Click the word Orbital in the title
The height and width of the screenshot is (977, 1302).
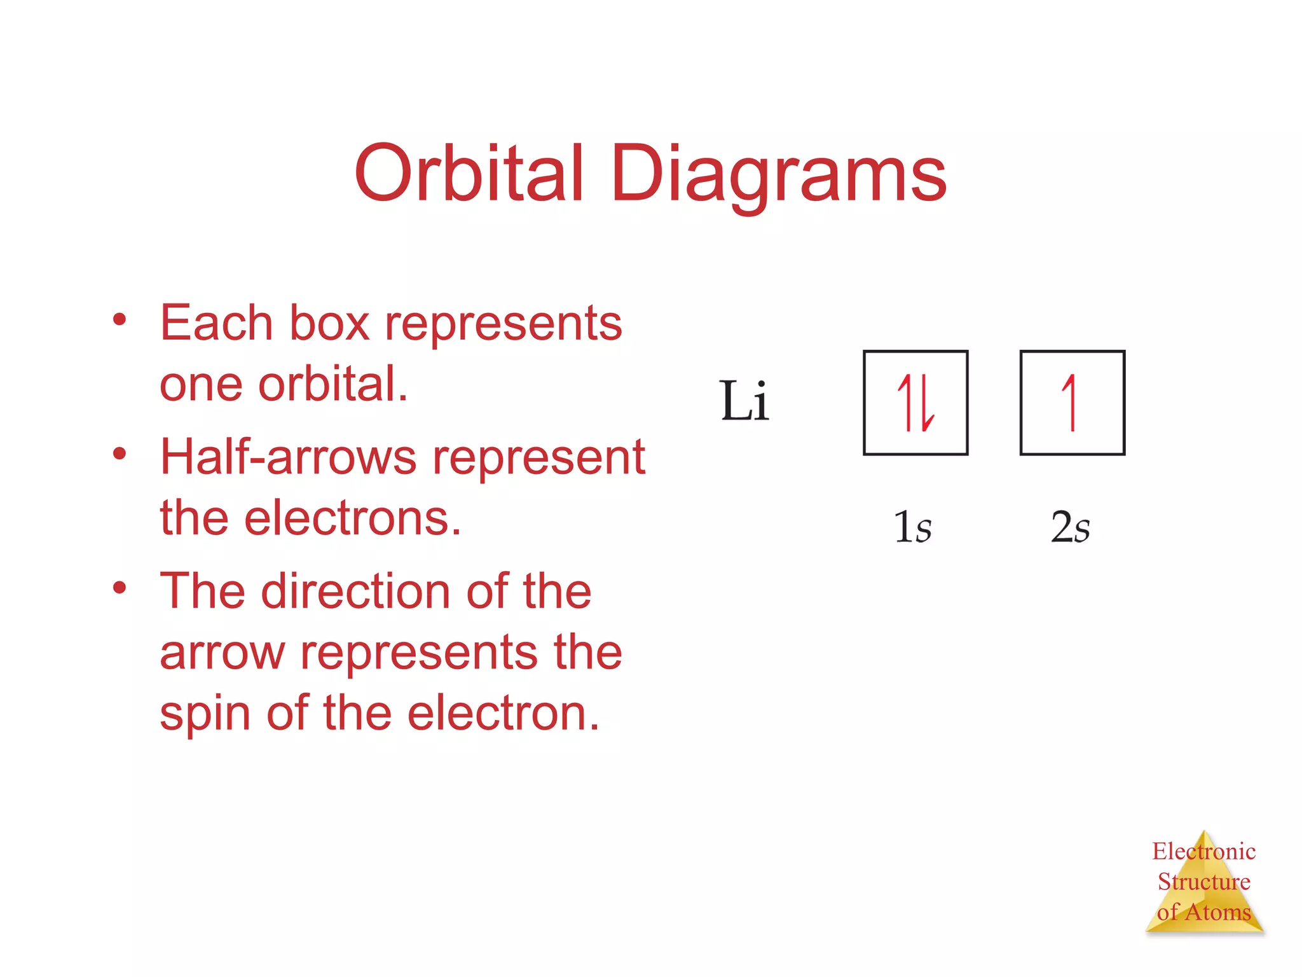(x=469, y=173)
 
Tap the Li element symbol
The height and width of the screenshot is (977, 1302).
(x=744, y=401)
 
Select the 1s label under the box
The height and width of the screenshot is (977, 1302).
(x=912, y=527)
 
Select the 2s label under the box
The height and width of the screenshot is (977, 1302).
(x=1070, y=527)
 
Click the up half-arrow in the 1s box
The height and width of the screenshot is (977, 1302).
(x=904, y=402)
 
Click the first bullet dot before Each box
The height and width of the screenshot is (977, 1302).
(x=120, y=319)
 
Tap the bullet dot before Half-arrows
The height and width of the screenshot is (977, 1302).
(x=120, y=453)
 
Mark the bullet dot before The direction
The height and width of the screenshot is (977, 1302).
(x=120, y=587)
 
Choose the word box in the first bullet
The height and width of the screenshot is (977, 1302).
(x=329, y=323)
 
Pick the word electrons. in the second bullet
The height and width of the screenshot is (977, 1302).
(x=352, y=518)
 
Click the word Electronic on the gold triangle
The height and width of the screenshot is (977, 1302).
(x=1203, y=851)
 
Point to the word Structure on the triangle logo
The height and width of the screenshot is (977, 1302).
(x=1203, y=882)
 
